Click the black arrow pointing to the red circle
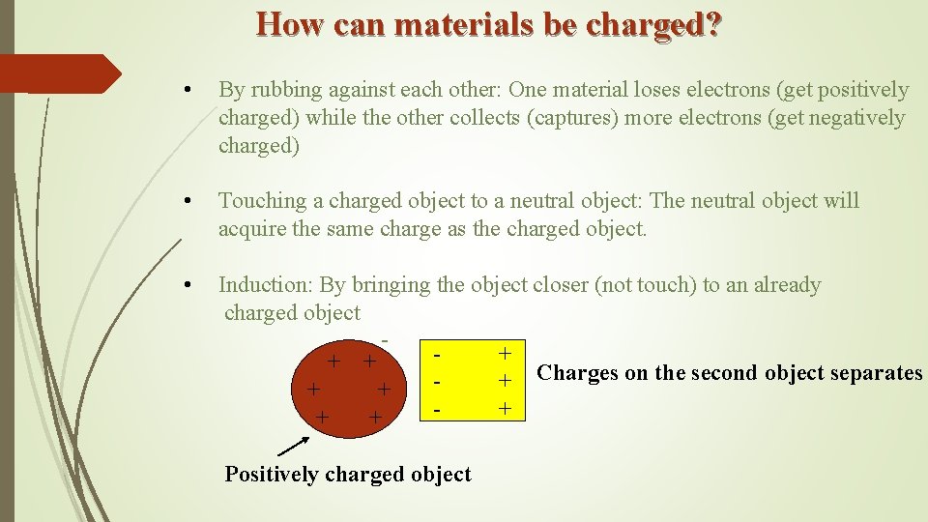294,445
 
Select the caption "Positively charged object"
348,474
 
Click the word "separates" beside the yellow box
876,373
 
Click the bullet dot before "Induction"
197,285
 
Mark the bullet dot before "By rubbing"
197,91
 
